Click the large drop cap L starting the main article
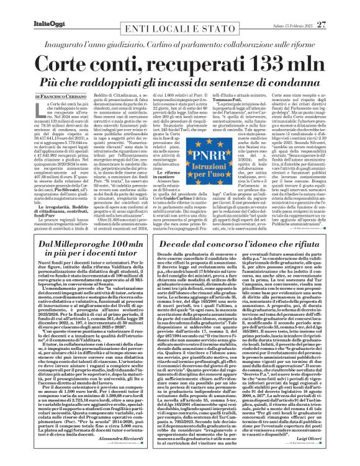pyautogui.click(x=40, y=112)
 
